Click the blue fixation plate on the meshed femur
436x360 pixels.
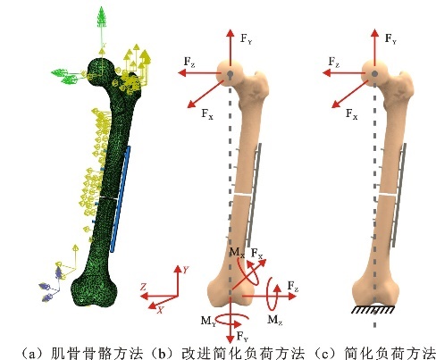pyautogui.click(x=121, y=199)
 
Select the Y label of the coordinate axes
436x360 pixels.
pyautogui.click(x=186, y=270)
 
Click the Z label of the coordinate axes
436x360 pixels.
pyautogui.click(x=143, y=287)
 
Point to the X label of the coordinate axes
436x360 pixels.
pyautogui.click(x=160, y=310)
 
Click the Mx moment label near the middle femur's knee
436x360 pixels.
pyautogui.click(x=237, y=253)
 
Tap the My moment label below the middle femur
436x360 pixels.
pyautogui.click(x=208, y=322)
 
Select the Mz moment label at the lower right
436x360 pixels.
pyautogui.click(x=274, y=320)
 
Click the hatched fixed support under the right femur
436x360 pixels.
pyautogui.click(x=373, y=310)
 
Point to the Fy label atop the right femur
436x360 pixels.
pyautogui.click(x=390, y=38)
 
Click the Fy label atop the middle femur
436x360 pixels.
pyautogui.click(x=246, y=38)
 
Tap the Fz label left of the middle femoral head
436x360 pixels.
pyautogui.click(x=189, y=62)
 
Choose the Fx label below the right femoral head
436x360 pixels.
pyautogui.click(x=352, y=113)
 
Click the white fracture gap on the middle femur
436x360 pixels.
pyautogui.click(x=244, y=194)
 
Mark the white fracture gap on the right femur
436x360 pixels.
pyautogui.click(x=388, y=195)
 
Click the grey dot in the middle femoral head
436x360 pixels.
pyautogui.click(x=230, y=73)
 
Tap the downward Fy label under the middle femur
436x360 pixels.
pyautogui.click(x=242, y=337)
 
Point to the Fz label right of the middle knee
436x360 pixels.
pyautogui.click(x=293, y=287)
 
